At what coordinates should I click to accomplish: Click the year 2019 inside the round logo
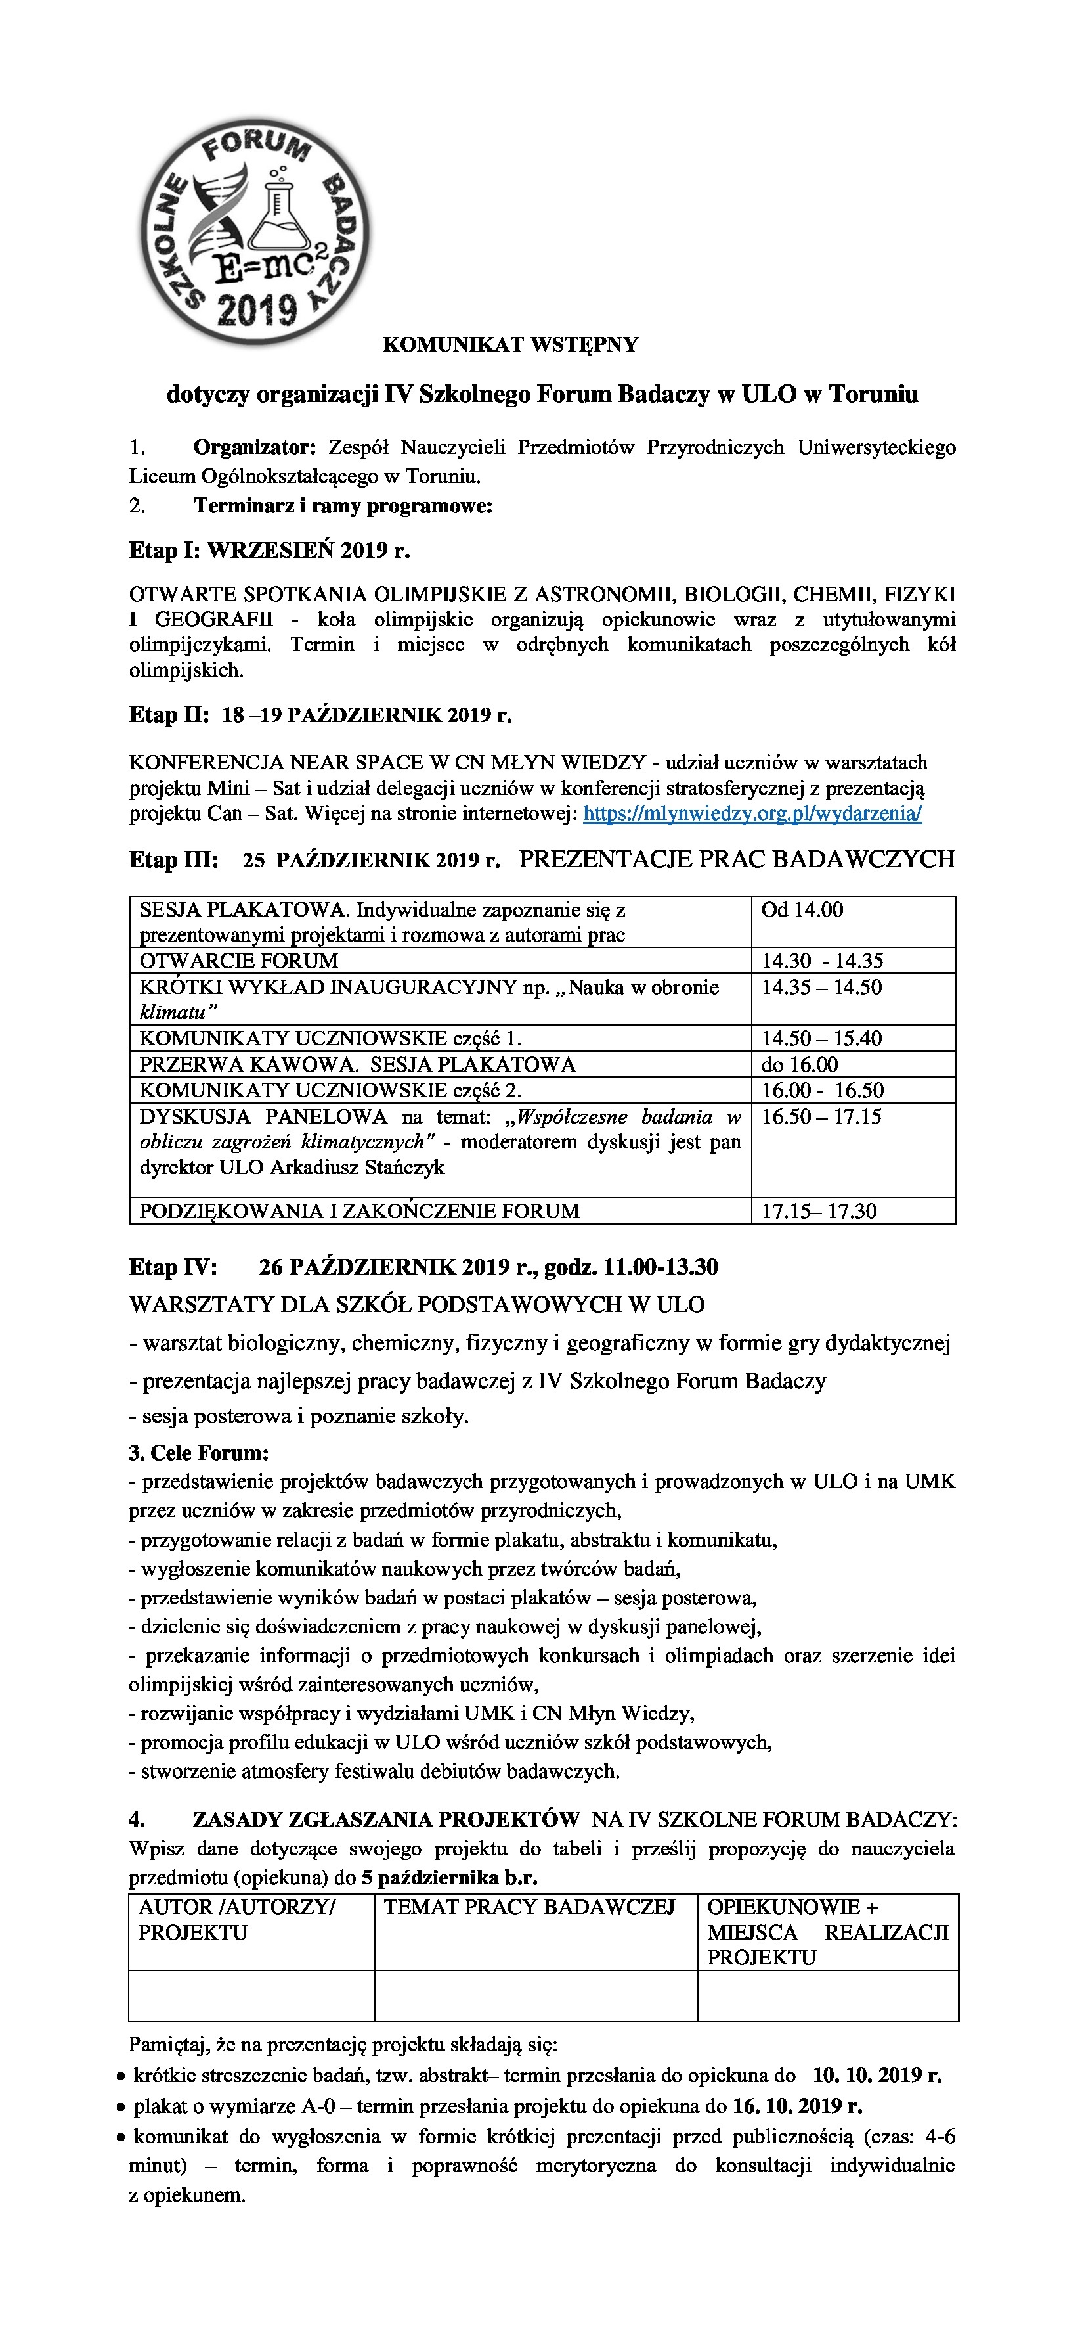click(259, 309)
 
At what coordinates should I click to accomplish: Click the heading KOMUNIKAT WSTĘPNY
click(510, 345)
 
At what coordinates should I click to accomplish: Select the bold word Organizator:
click(254, 447)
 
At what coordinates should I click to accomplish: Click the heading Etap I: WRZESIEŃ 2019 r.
click(270, 550)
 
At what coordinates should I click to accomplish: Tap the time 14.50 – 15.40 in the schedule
click(821, 1038)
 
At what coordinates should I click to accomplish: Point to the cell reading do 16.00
click(800, 1064)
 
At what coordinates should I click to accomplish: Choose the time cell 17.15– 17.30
click(819, 1212)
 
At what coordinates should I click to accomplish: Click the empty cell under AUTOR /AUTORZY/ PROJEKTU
click(251, 1996)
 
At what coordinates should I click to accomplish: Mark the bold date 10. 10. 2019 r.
click(877, 2076)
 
